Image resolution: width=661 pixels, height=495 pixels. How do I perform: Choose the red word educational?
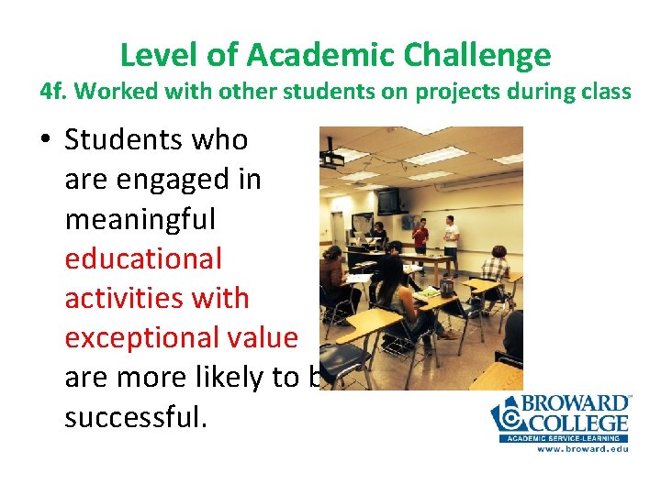pos(143,258)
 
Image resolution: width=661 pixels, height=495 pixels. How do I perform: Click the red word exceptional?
pos(181,337)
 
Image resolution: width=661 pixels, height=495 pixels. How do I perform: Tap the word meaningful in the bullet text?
pos(140,219)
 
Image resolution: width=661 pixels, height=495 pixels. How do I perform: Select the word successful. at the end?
pos(137,417)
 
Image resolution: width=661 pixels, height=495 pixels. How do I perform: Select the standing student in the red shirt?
pos(420,236)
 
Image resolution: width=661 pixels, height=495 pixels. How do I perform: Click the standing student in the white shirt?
pos(450,234)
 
